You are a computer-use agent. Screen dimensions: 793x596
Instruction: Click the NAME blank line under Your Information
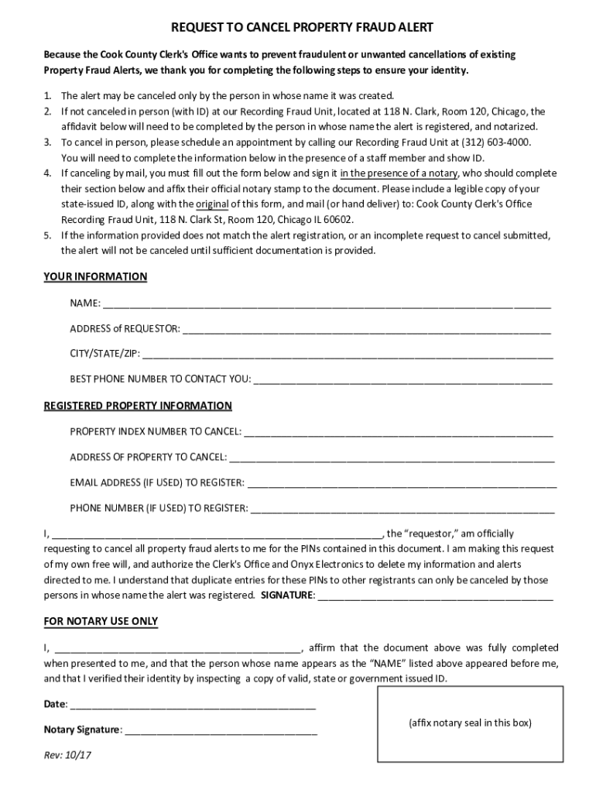326,304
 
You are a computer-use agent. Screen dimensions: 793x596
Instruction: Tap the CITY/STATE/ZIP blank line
348,356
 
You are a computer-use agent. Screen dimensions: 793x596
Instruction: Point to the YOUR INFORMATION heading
95,276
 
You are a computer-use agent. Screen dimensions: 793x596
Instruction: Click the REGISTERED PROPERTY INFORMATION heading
138,406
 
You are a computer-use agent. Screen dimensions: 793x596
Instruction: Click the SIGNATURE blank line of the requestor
435,597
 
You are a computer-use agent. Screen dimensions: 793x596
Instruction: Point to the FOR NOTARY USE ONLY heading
101,621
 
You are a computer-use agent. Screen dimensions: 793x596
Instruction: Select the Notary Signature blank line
221,731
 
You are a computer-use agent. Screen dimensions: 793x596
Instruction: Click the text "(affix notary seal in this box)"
470,723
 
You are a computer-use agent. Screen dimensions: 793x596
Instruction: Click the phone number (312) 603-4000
496,143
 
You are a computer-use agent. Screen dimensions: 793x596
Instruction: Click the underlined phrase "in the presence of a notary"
399,173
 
